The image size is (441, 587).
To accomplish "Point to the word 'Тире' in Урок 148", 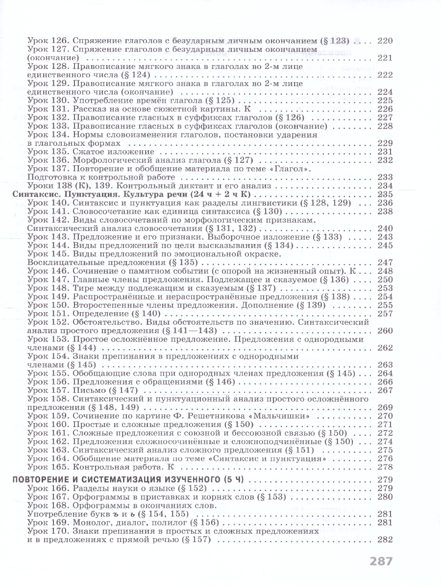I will tap(82, 288).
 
